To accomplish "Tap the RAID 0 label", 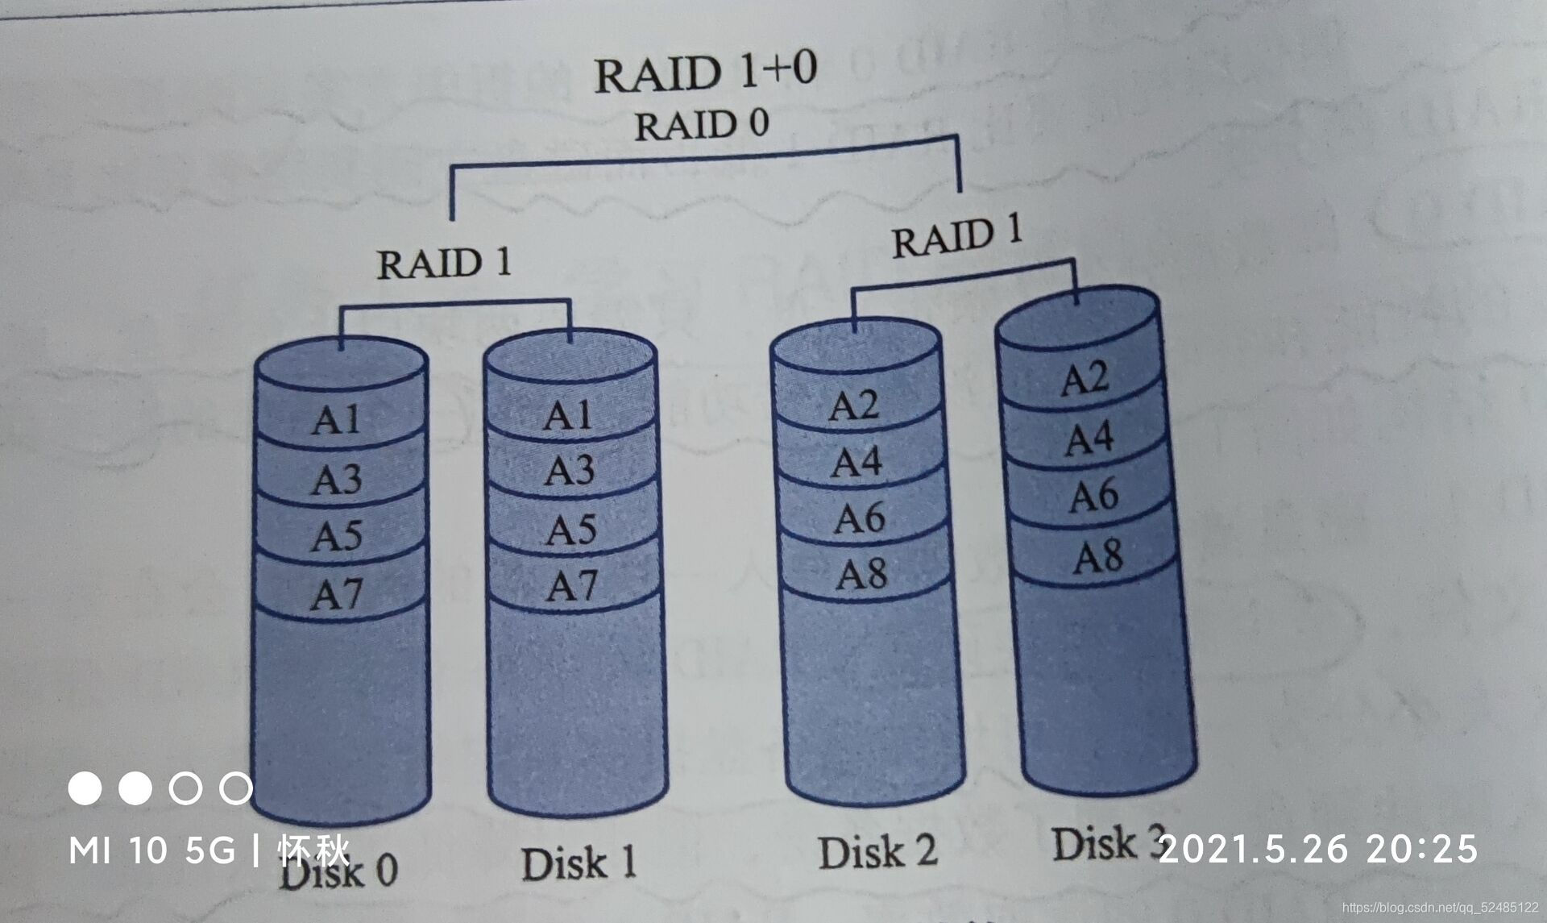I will click(701, 126).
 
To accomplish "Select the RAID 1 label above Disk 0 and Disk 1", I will click(444, 264).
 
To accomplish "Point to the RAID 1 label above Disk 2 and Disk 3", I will click(956, 237).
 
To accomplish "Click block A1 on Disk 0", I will click(337, 419).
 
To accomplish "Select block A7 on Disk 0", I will click(337, 595).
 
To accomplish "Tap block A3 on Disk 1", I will click(569, 470).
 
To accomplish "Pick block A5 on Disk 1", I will click(570, 530).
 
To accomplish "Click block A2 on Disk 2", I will click(853, 405).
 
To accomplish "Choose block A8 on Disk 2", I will click(861, 574).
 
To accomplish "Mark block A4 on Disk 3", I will click(1089, 439).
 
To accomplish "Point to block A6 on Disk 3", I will click(1093, 495).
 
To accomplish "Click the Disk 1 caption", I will click(579, 863).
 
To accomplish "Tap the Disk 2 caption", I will click(877, 852).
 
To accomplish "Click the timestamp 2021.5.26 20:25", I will click(1318, 849).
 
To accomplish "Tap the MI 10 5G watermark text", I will click(152, 850).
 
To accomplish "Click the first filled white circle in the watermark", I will click(85, 788).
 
